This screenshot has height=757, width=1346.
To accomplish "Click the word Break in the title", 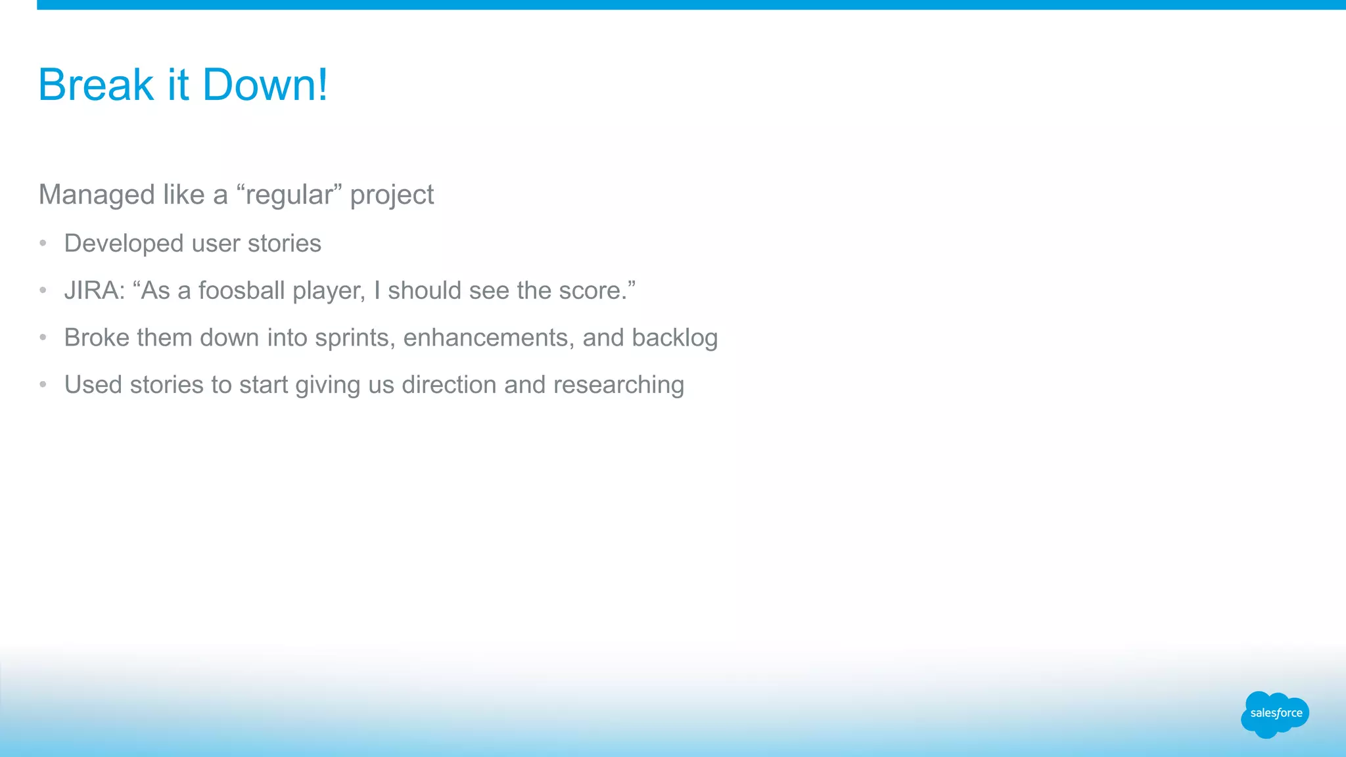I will (x=95, y=85).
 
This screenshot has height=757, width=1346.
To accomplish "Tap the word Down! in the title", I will (x=265, y=85).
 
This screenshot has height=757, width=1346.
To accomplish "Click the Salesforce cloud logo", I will (x=1275, y=714).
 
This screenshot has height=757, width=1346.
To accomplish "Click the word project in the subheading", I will (x=392, y=195).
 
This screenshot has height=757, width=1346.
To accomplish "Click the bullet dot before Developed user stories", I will (x=43, y=243).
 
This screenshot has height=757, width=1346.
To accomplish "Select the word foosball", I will (x=241, y=290).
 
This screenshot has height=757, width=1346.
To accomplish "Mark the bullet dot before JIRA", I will (x=43, y=290).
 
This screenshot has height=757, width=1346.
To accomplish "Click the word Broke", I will (x=97, y=338).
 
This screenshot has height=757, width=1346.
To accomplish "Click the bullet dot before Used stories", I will (x=43, y=384).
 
